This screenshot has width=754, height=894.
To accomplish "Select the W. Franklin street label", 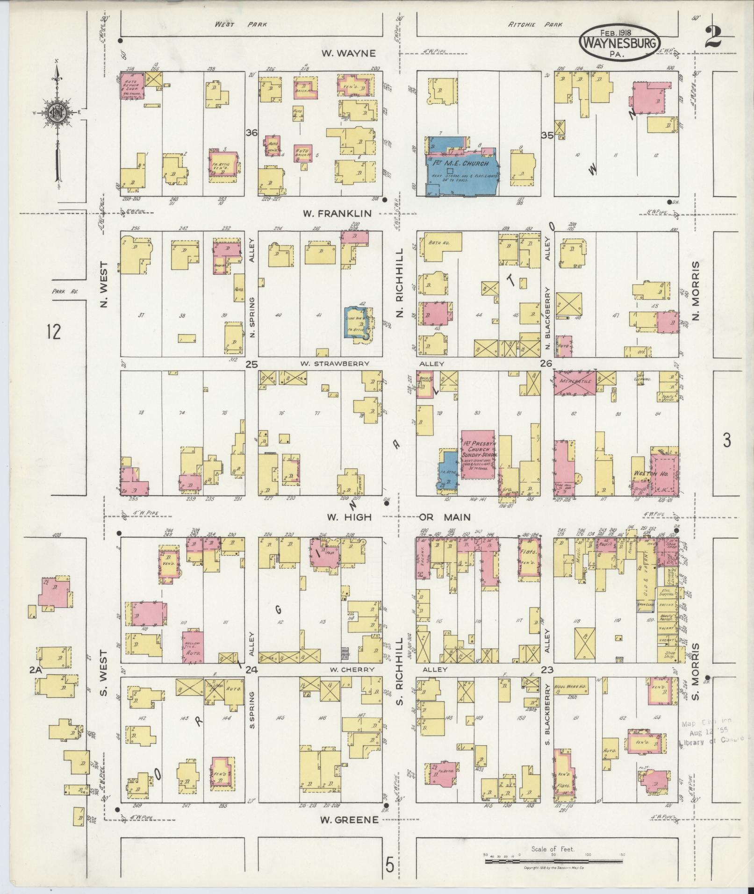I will (x=337, y=214).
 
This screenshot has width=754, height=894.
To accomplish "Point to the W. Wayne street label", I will (x=348, y=53).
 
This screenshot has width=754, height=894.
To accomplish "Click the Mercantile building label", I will (x=574, y=381).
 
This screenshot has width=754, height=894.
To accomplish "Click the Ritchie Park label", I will (x=535, y=24).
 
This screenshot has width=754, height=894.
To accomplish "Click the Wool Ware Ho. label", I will (x=570, y=680).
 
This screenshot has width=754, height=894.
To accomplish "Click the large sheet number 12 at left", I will (x=54, y=332).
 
